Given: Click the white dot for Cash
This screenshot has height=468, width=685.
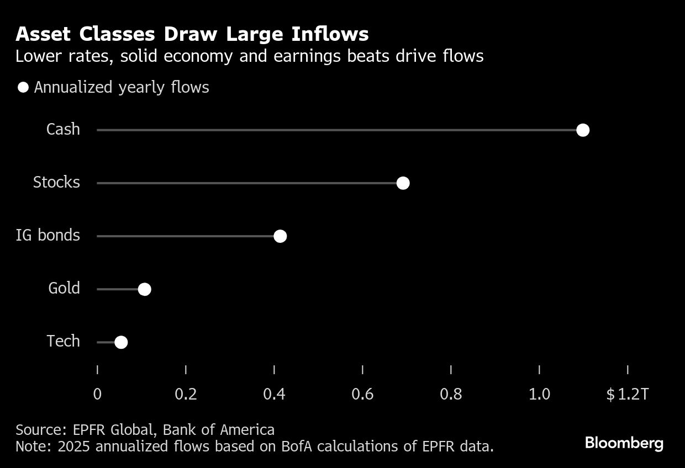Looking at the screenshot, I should click(x=582, y=130).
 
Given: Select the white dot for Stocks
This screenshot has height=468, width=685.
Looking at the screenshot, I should click(x=403, y=183).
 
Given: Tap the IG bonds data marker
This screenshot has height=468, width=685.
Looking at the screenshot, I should click(x=280, y=236).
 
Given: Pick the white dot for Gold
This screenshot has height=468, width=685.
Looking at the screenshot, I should click(x=144, y=289).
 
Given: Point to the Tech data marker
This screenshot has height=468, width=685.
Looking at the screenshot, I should click(x=121, y=342).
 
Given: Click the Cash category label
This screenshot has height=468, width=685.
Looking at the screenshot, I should click(x=63, y=130).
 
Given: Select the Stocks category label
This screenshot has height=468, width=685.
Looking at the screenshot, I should click(x=56, y=183).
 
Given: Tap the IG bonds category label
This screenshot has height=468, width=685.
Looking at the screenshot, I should click(x=48, y=236).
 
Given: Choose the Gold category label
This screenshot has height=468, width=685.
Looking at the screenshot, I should click(x=64, y=289).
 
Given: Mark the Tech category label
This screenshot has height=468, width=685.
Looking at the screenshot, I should click(x=63, y=342).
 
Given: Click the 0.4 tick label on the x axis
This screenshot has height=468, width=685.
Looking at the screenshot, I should click(x=274, y=395).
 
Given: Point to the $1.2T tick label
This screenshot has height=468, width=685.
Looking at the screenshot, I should click(x=627, y=395).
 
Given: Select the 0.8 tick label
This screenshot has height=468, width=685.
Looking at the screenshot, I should click(x=451, y=395).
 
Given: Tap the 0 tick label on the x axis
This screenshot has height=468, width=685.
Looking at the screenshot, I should click(x=97, y=395).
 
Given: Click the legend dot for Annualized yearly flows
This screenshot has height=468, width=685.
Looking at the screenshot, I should click(x=23, y=88).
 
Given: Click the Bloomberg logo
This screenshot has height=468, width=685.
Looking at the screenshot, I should click(x=624, y=443).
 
